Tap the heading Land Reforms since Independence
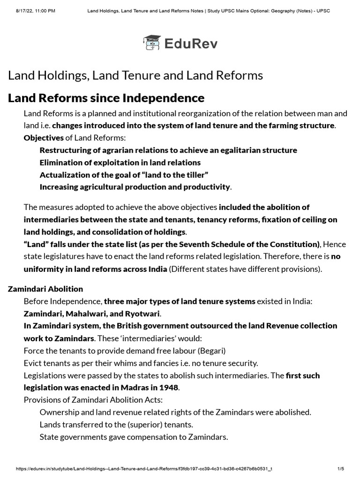click(x=106, y=98)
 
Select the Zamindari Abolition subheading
click(x=45, y=289)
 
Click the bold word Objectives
click(x=44, y=138)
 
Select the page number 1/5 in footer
click(x=341, y=469)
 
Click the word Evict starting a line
click(x=33, y=363)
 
